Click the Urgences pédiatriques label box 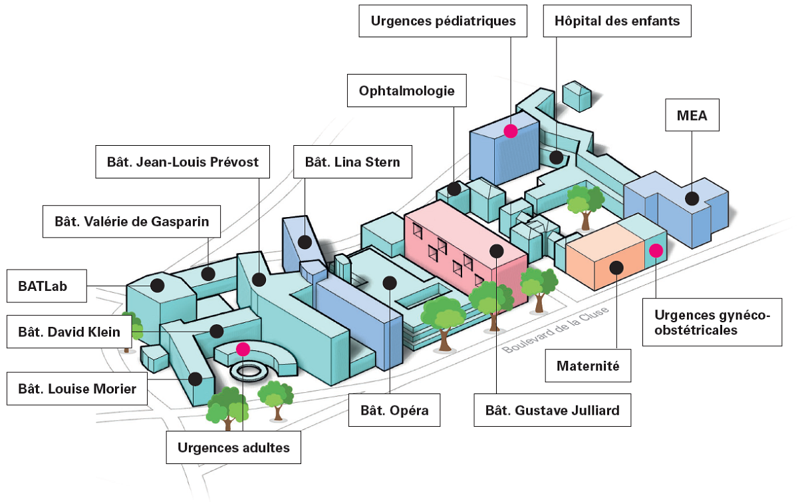pyautogui.click(x=443, y=21)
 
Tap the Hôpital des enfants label pyautogui.click(x=617, y=21)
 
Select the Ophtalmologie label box pyautogui.click(x=406, y=91)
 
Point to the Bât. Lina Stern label pyautogui.click(x=352, y=162)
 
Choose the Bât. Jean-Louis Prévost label pyautogui.click(x=183, y=162)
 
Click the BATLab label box pyautogui.click(x=47, y=286)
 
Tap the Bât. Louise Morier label pyautogui.click(x=77, y=389)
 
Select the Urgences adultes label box pyautogui.click(x=233, y=447)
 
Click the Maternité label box pyautogui.click(x=588, y=366)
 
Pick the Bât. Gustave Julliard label pyautogui.click(x=552, y=410)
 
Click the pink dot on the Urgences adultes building pyautogui.click(x=243, y=348)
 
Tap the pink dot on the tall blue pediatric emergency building pyautogui.click(x=510, y=131)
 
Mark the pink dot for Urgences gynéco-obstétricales pyautogui.click(x=656, y=250)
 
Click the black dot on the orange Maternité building pyautogui.click(x=616, y=268)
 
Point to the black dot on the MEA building pyautogui.click(x=692, y=198)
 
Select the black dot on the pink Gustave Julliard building pyautogui.click(x=496, y=250)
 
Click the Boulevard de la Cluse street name pyautogui.click(x=555, y=328)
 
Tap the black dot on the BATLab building pyautogui.click(x=158, y=285)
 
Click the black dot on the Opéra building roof pyautogui.click(x=390, y=283)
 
